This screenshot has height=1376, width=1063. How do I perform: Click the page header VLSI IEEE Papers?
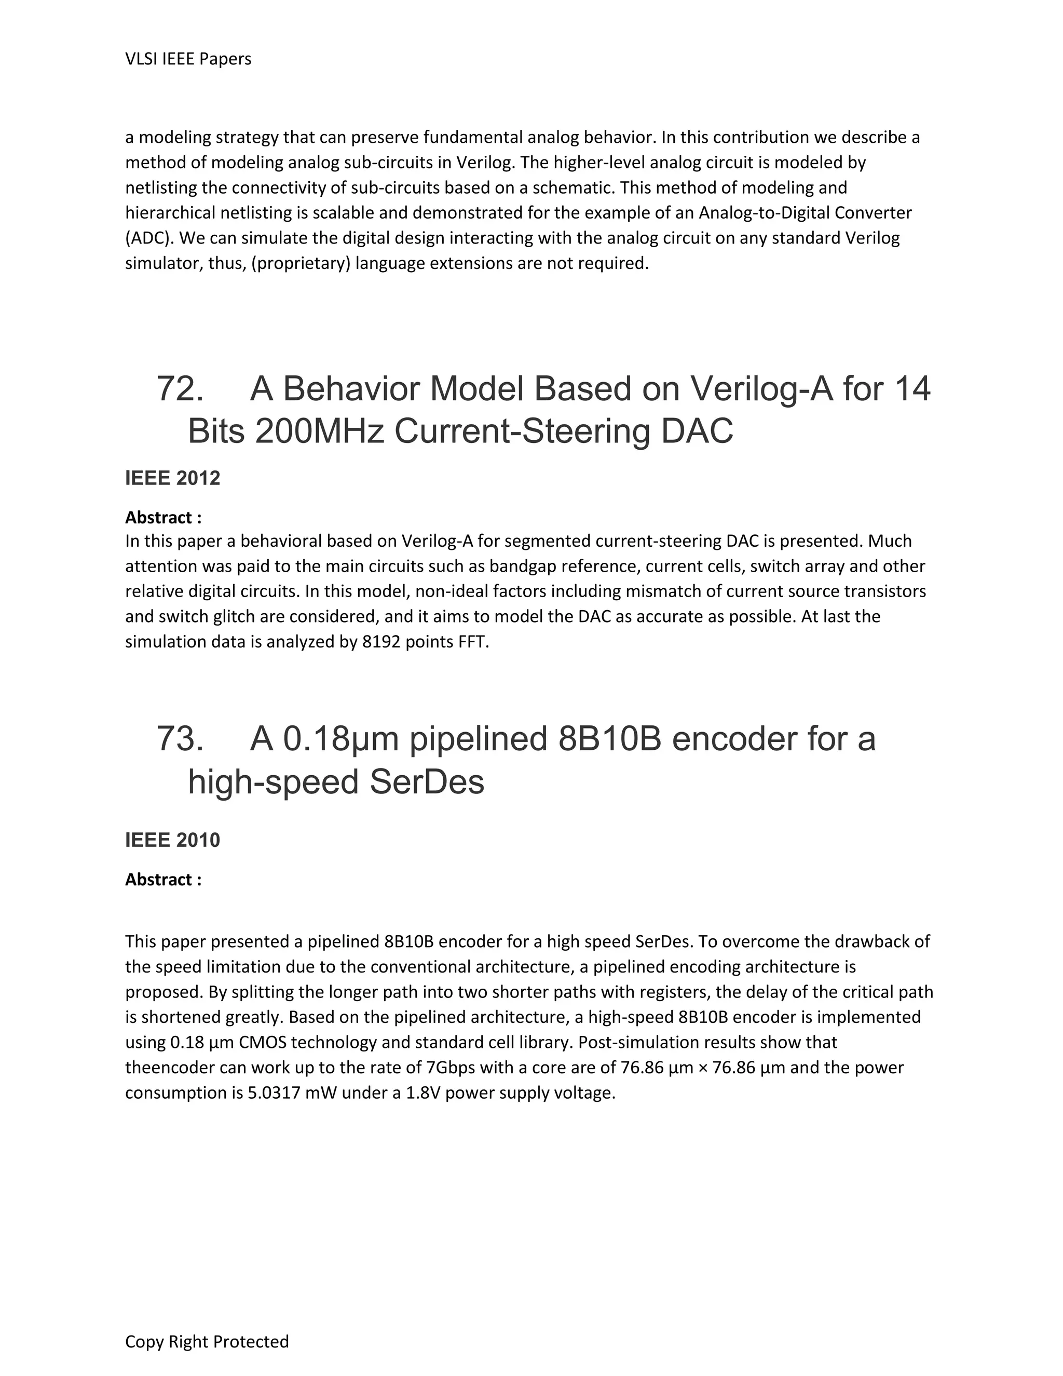click(188, 59)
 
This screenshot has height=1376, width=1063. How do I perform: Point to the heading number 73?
click(180, 738)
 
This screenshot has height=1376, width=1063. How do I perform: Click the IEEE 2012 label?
click(172, 478)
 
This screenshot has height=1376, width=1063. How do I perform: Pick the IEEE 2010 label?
click(172, 840)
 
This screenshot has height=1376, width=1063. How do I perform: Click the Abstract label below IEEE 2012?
click(163, 517)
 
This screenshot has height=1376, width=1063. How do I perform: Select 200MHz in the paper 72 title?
click(319, 431)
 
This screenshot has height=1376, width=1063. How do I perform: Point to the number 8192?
click(381, 642)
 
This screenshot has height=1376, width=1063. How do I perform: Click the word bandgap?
click(522, 566)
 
